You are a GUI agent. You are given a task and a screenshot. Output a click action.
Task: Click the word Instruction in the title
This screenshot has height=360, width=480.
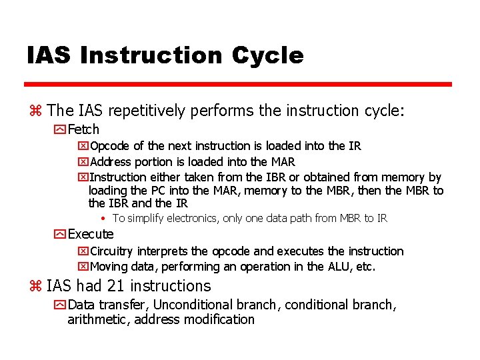151,55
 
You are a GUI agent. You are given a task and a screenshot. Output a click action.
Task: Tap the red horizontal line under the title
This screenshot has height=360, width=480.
238,85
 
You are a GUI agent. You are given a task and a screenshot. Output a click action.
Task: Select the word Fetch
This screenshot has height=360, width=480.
83,129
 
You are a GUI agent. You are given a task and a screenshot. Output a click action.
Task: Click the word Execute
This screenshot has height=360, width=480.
91,234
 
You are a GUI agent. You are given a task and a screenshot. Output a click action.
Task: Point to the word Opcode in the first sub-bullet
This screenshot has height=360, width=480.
110,146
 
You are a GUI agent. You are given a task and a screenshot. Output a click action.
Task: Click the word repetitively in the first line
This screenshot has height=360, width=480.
146,111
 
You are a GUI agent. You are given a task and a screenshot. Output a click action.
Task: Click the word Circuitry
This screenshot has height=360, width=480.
111,251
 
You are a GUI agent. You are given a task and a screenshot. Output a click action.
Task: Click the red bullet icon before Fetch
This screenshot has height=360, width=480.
61,130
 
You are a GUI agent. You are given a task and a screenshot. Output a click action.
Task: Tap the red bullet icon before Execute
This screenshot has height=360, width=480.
61,235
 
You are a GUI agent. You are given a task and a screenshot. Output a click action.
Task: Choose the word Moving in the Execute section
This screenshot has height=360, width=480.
109,267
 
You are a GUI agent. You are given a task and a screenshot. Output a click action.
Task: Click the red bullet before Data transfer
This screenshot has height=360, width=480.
61,305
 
